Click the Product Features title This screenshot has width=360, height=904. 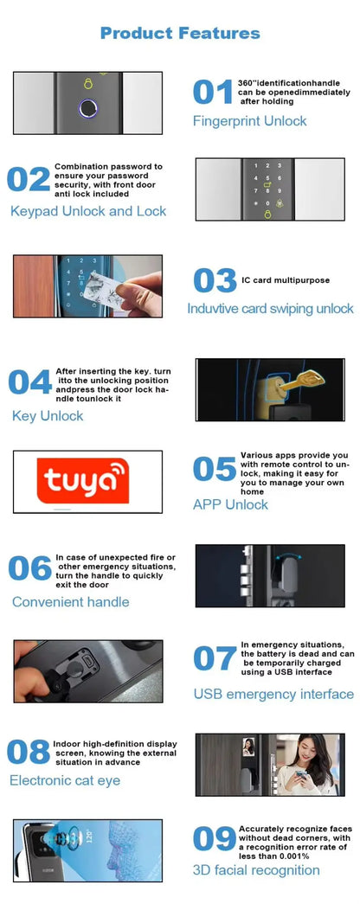coord(180,33)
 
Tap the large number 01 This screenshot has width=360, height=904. coord(212,92)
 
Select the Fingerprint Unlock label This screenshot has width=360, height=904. coord(249,121)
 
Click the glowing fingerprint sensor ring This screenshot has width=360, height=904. coord(88,109)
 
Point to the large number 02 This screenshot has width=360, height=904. coord(29,179)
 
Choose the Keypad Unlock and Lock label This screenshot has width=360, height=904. coord(88,211)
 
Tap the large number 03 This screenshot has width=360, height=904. coord(214,280)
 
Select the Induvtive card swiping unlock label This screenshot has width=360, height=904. coord(270,309)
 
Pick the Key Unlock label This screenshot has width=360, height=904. coord(48,416)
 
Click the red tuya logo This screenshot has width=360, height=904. coord(82,481)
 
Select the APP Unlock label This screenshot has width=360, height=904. coord(230,504)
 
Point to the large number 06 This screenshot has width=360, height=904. coord(29,568)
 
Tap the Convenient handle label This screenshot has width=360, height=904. coord(71,602)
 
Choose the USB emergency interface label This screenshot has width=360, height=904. coord(273,694)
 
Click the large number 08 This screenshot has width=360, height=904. coord(29,753)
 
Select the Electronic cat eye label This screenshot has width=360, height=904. coord(65,781)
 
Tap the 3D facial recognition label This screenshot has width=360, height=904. coord(256,870)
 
